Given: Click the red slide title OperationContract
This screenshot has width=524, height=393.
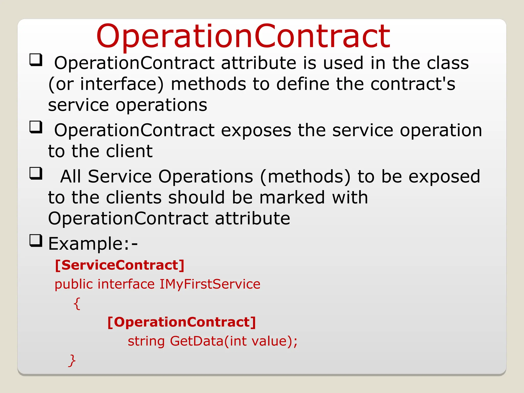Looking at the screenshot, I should (243, 36).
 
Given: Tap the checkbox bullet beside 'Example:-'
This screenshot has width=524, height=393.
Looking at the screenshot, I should (36, 241).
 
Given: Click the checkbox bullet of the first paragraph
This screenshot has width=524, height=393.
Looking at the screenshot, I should (36, 60).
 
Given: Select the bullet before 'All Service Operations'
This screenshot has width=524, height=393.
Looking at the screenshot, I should (36, 173).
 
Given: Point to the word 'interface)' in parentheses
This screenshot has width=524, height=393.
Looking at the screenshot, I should (122, 84).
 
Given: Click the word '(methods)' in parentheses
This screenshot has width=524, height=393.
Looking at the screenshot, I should (305, 177).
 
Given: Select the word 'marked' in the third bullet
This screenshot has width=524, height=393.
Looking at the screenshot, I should (292, 198).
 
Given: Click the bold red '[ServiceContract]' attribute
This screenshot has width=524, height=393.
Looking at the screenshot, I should (119, 265).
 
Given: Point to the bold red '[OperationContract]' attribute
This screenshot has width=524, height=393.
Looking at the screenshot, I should (181, 322).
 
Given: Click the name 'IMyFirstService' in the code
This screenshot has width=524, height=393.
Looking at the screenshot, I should (210, 285).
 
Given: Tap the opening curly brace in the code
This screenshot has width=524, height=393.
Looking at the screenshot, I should (77, 303).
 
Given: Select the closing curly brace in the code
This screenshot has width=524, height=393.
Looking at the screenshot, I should (72, 361).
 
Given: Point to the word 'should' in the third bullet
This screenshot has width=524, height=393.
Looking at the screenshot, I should (196, 198).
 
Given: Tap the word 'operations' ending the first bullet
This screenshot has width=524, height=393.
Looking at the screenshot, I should (161, 106).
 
